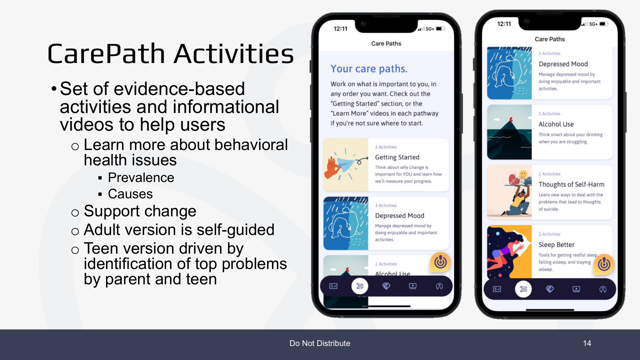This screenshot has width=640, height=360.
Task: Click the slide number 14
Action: [x=587, y=343]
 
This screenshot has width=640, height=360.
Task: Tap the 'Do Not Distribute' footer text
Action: [x=320, y=343]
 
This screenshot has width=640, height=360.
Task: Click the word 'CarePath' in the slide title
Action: [x=106, y=54]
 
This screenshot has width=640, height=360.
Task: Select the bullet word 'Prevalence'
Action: [x=141, y=178]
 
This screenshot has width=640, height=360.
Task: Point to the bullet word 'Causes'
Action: [x=130, y=194]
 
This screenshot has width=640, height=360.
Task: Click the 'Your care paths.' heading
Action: [x=369, y=69]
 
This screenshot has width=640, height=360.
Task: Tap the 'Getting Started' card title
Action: [x=397, y=157]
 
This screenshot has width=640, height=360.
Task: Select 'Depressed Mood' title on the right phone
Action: [x=563, y=64]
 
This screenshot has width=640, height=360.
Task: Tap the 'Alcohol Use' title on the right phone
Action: [x=556, y=124]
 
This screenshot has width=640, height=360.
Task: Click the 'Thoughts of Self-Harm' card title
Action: [x=572, y=185]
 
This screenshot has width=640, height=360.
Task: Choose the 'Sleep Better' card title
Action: [x=557, y=245]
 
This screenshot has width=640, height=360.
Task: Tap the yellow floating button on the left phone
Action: [x=440, y=262]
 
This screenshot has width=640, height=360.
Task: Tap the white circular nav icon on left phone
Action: [x=360, y=286]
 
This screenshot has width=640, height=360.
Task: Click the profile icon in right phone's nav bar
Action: [x=603, y=289]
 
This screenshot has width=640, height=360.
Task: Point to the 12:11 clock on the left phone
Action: [x=340, y=29]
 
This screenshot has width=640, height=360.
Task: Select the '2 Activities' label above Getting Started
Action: [x=386, y=147]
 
